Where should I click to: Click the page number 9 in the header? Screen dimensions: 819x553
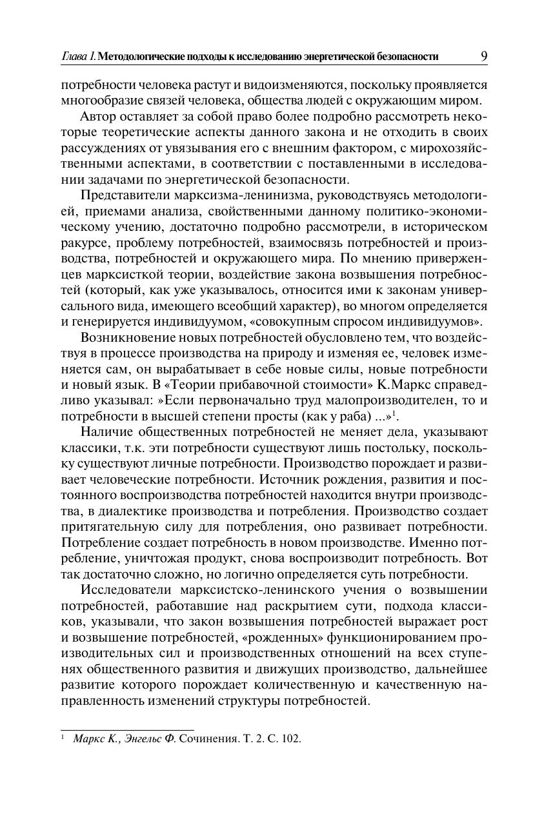click(x=483, y=56)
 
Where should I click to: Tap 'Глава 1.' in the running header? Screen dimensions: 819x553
click(x=78, y=57)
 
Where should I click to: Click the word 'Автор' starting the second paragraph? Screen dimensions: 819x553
click(x=97, y=116)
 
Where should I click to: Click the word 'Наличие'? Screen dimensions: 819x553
click(x=103, y=431)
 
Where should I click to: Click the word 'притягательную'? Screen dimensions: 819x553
click(x=110, y=526)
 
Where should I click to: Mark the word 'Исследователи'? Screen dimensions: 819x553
click(x=125, y=589)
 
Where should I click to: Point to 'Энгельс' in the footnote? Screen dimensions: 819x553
click(x=141, y=739)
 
